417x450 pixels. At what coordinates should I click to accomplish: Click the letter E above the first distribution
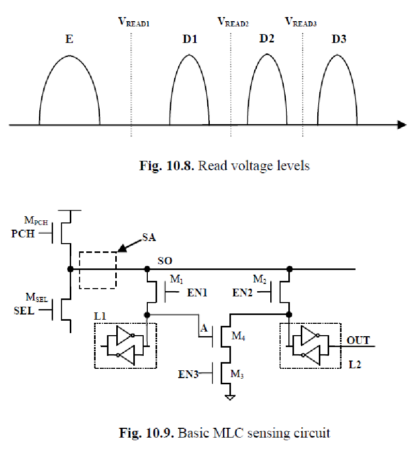(69, 39)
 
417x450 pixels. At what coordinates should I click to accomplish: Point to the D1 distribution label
(189, 39)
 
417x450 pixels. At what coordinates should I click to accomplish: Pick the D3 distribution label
(338, 39)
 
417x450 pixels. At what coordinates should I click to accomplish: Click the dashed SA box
(97, 270)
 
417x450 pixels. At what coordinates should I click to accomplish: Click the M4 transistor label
(238, 336)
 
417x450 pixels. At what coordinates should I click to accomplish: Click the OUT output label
(359, 340)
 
